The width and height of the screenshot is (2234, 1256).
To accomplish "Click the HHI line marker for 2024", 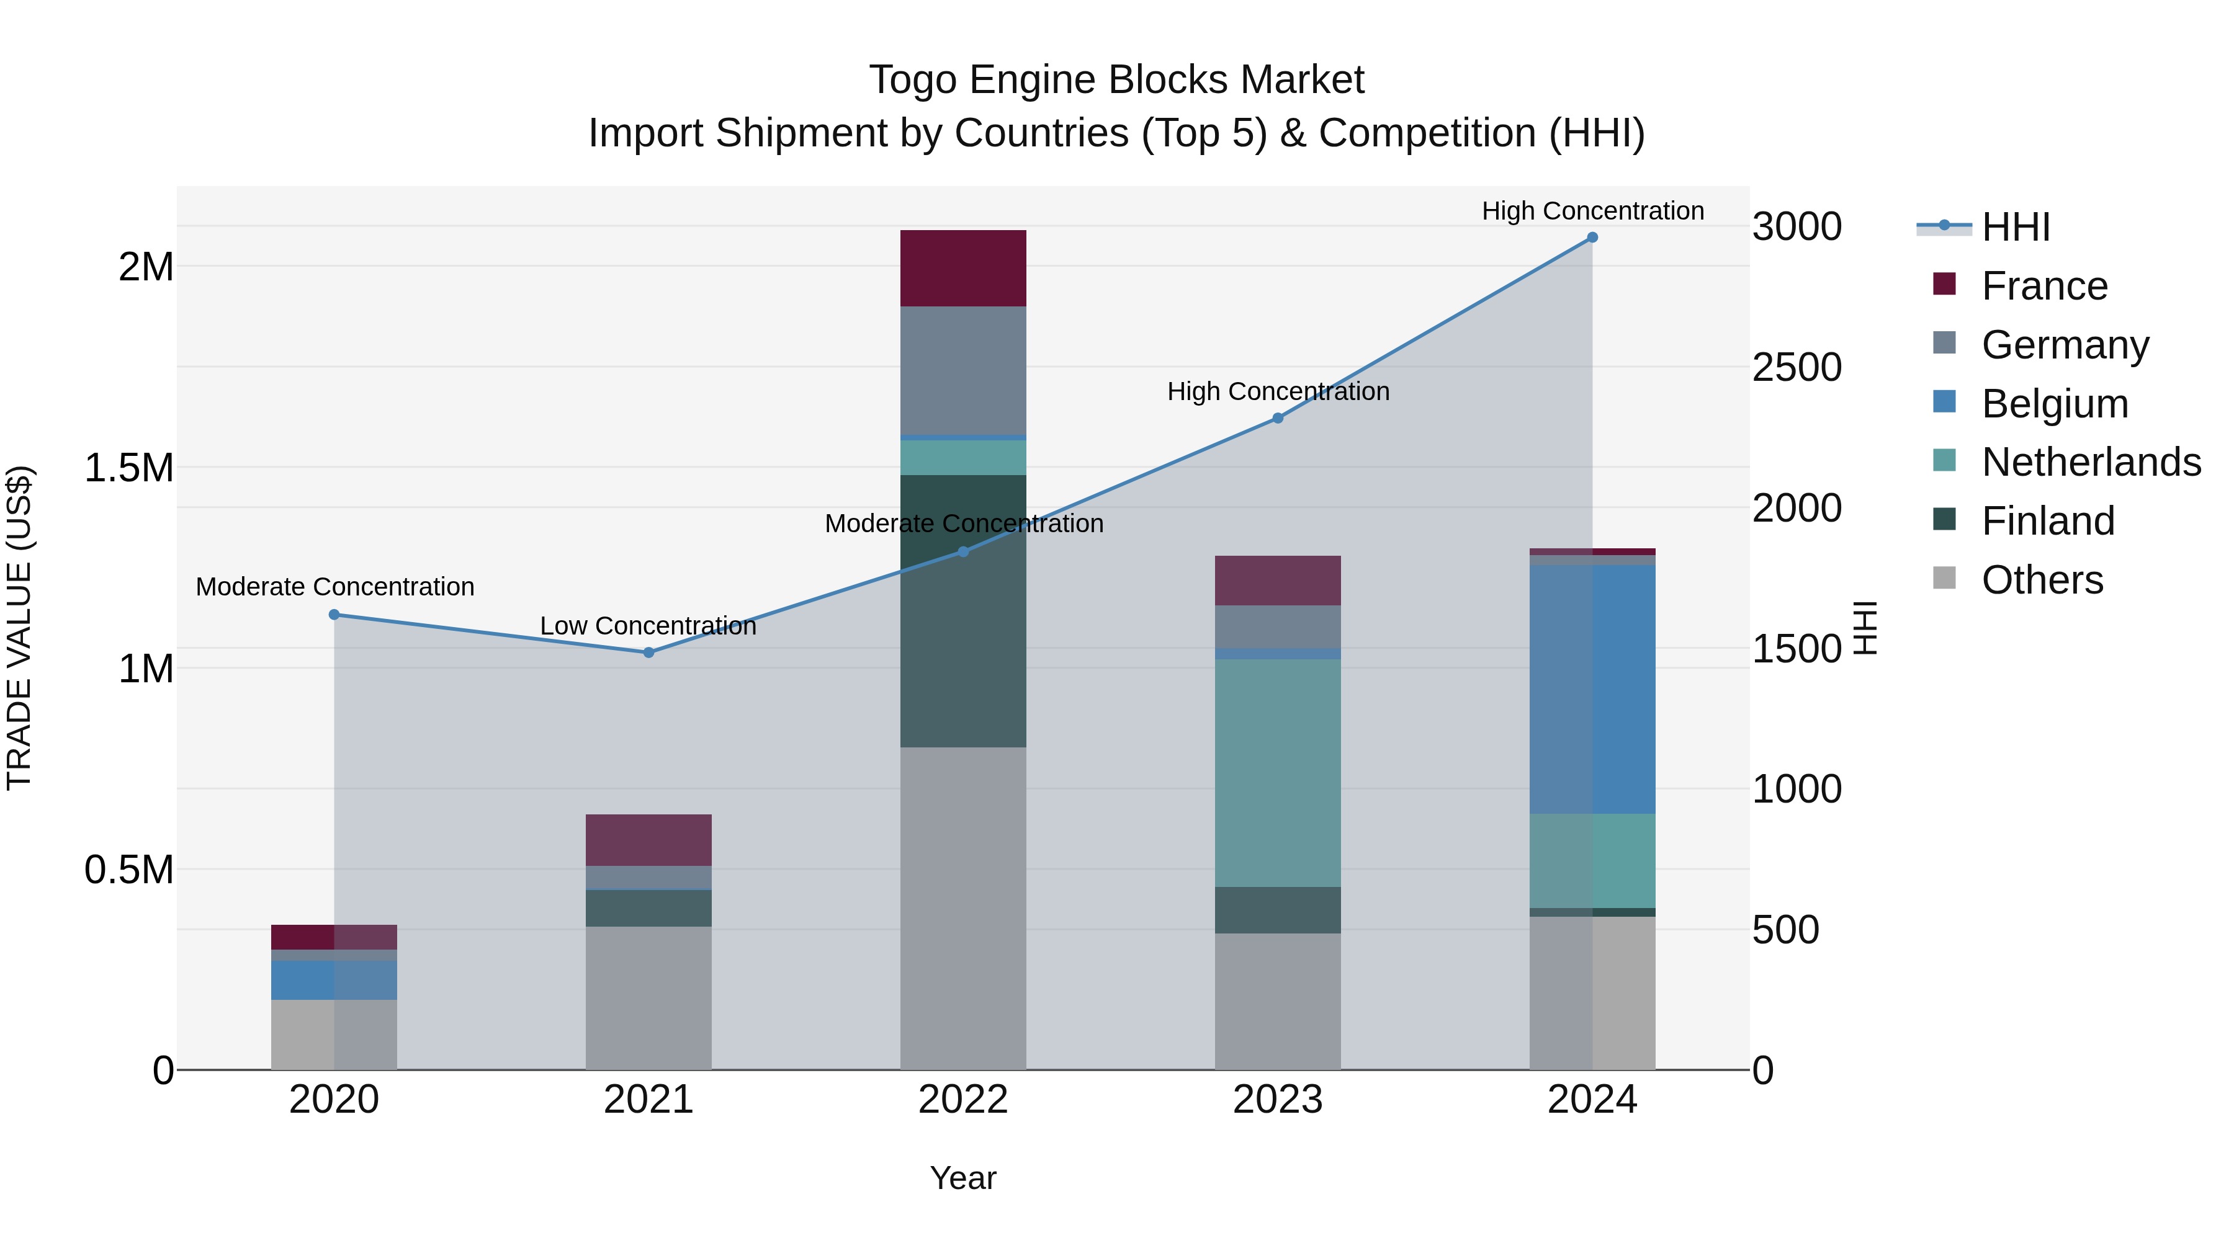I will (x=1592, y=238).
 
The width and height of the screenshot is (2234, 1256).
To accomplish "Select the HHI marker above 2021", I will (x=648, y=652).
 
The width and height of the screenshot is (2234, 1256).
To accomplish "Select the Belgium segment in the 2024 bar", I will (x=1592, y=689).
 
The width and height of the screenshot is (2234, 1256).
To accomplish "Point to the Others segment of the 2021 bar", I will (x=648, y=998).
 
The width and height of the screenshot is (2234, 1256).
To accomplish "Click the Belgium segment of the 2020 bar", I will (x=334, y=979).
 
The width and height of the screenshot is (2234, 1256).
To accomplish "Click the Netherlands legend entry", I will (x=2090, y=462).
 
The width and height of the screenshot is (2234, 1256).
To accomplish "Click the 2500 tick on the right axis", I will (x=1796, y=368).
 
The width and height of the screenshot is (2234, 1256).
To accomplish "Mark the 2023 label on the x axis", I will (x=1278, y=1100).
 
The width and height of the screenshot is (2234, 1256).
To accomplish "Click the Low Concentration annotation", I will (x=648, y=626).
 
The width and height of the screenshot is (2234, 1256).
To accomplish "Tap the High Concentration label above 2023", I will (x=1278, y=392).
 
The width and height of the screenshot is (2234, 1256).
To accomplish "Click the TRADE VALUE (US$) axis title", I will (x=19, y=628).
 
